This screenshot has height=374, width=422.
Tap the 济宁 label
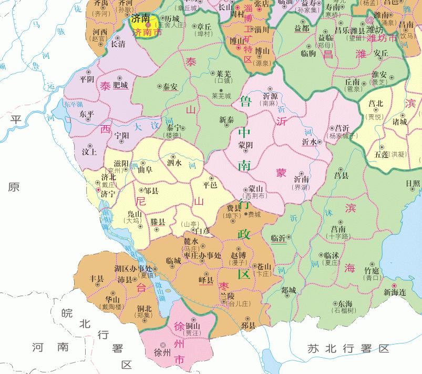pyautogui.click(x=108, y=194)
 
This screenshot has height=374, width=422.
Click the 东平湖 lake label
pyautogui.click(x=74, y=104)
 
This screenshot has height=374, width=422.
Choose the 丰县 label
pyautogui.click(x=97, y=278)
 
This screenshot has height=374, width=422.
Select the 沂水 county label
pyautogui.click(x=309, y=142)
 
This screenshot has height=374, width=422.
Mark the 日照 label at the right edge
pyautogui.click(x=413, y=184)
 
